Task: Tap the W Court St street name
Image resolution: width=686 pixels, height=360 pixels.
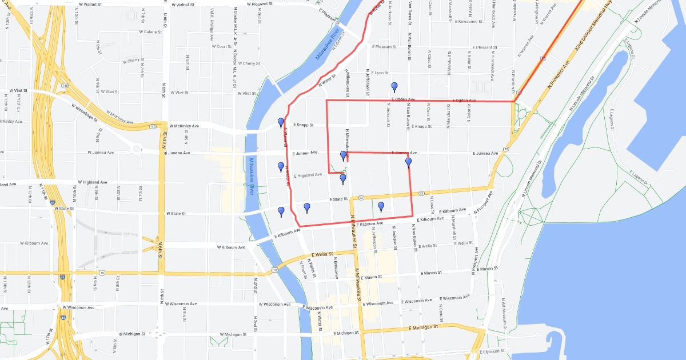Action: click(x=221, y=47)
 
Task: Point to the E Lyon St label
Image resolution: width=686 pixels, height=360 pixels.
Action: click(x=378, y=73)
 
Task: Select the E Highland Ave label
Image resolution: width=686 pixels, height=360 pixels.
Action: click(x=309, y=176)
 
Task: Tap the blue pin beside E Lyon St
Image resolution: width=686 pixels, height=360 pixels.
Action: click(x=394, y=87)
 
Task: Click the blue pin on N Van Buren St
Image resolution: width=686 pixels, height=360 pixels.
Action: click(x=409, y=162)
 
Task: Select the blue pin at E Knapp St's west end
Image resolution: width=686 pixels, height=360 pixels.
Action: click(x=281, y=122)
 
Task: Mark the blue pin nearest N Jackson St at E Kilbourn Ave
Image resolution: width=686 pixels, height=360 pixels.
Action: click(x=381, y=206)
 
